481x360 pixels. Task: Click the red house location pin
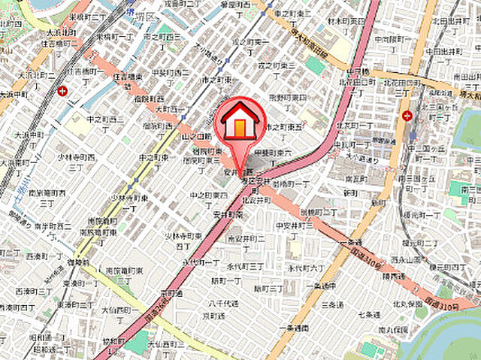(240, 124)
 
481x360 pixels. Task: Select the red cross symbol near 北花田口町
(407, 116)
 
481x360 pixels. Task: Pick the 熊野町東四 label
(287, 97)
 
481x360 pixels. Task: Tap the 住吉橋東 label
(128, 77)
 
